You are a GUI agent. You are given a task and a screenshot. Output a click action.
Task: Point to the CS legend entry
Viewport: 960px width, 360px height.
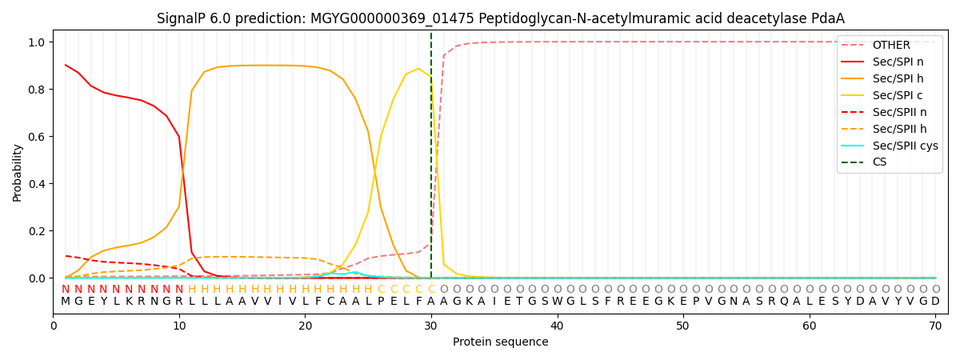tap(879, 162)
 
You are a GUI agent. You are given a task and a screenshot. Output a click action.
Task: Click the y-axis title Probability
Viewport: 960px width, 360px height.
tap(18, 172)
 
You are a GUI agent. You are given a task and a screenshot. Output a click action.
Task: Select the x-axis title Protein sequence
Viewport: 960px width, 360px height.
tap(501, 342)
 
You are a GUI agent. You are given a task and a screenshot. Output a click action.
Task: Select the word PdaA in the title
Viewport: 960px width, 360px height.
tap(828, 18)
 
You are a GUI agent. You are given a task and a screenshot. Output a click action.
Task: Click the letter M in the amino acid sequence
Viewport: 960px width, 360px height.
tap(66, 302)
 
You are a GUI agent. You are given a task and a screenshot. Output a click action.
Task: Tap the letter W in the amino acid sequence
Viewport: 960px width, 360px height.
tap(557, 302)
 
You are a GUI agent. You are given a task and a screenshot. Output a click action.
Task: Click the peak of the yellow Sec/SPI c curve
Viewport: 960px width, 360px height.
tap(418, 69)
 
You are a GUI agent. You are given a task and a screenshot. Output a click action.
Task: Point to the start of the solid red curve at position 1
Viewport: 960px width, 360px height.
tap(66, 65)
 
